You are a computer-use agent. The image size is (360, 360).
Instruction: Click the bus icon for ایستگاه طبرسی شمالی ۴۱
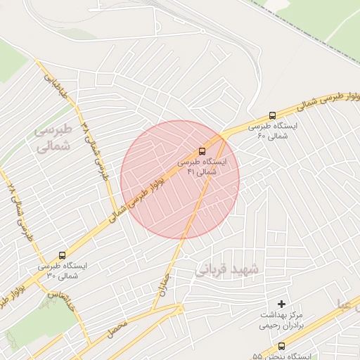tap(202, 151)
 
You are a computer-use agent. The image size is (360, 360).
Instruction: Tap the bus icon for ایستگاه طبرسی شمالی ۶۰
tap(272, 116)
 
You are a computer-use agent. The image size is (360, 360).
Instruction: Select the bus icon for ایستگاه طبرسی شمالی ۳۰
tap(63, 256)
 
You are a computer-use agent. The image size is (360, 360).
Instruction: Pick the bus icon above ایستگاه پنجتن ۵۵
tap(282, 346)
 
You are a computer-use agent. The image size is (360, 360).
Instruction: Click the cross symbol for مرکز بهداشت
tap(282, 304)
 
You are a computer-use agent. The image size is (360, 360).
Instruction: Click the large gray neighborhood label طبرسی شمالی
tap(53, 138)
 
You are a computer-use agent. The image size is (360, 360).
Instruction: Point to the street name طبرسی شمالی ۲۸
tap(21, 211)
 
